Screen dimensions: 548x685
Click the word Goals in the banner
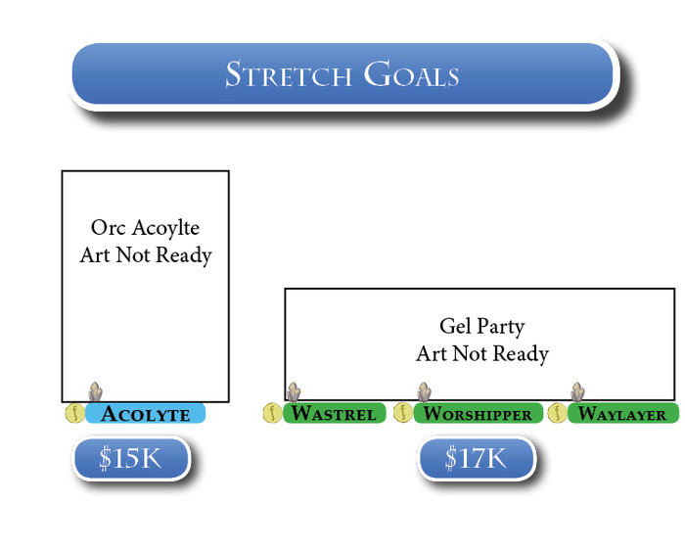[x=412, y=74]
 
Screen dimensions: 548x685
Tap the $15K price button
[x=130, y=458]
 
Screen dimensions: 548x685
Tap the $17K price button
[x=477, y=458]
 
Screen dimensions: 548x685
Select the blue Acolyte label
[x=146, y=414]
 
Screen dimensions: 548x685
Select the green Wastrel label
[x=333, y=414]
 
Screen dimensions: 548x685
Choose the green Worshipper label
[x=478, y=414]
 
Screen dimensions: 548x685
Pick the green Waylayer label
[x=622, y=414]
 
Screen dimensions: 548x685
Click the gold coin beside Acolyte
[x=73, y=413]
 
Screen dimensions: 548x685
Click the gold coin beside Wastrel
[x=271, y=413]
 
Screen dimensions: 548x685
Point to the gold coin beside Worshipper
[x=402, y=413]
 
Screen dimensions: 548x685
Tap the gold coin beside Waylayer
[x=557, y=413]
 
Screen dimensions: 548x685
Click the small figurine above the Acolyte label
[x=96, y=392]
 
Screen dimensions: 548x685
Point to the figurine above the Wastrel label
[x=293, y=392]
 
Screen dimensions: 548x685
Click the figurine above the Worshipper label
[x=424, y=392]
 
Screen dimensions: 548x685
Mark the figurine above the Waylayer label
[x=577, y=392]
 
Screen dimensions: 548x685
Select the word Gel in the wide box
[x=455, y=327]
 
